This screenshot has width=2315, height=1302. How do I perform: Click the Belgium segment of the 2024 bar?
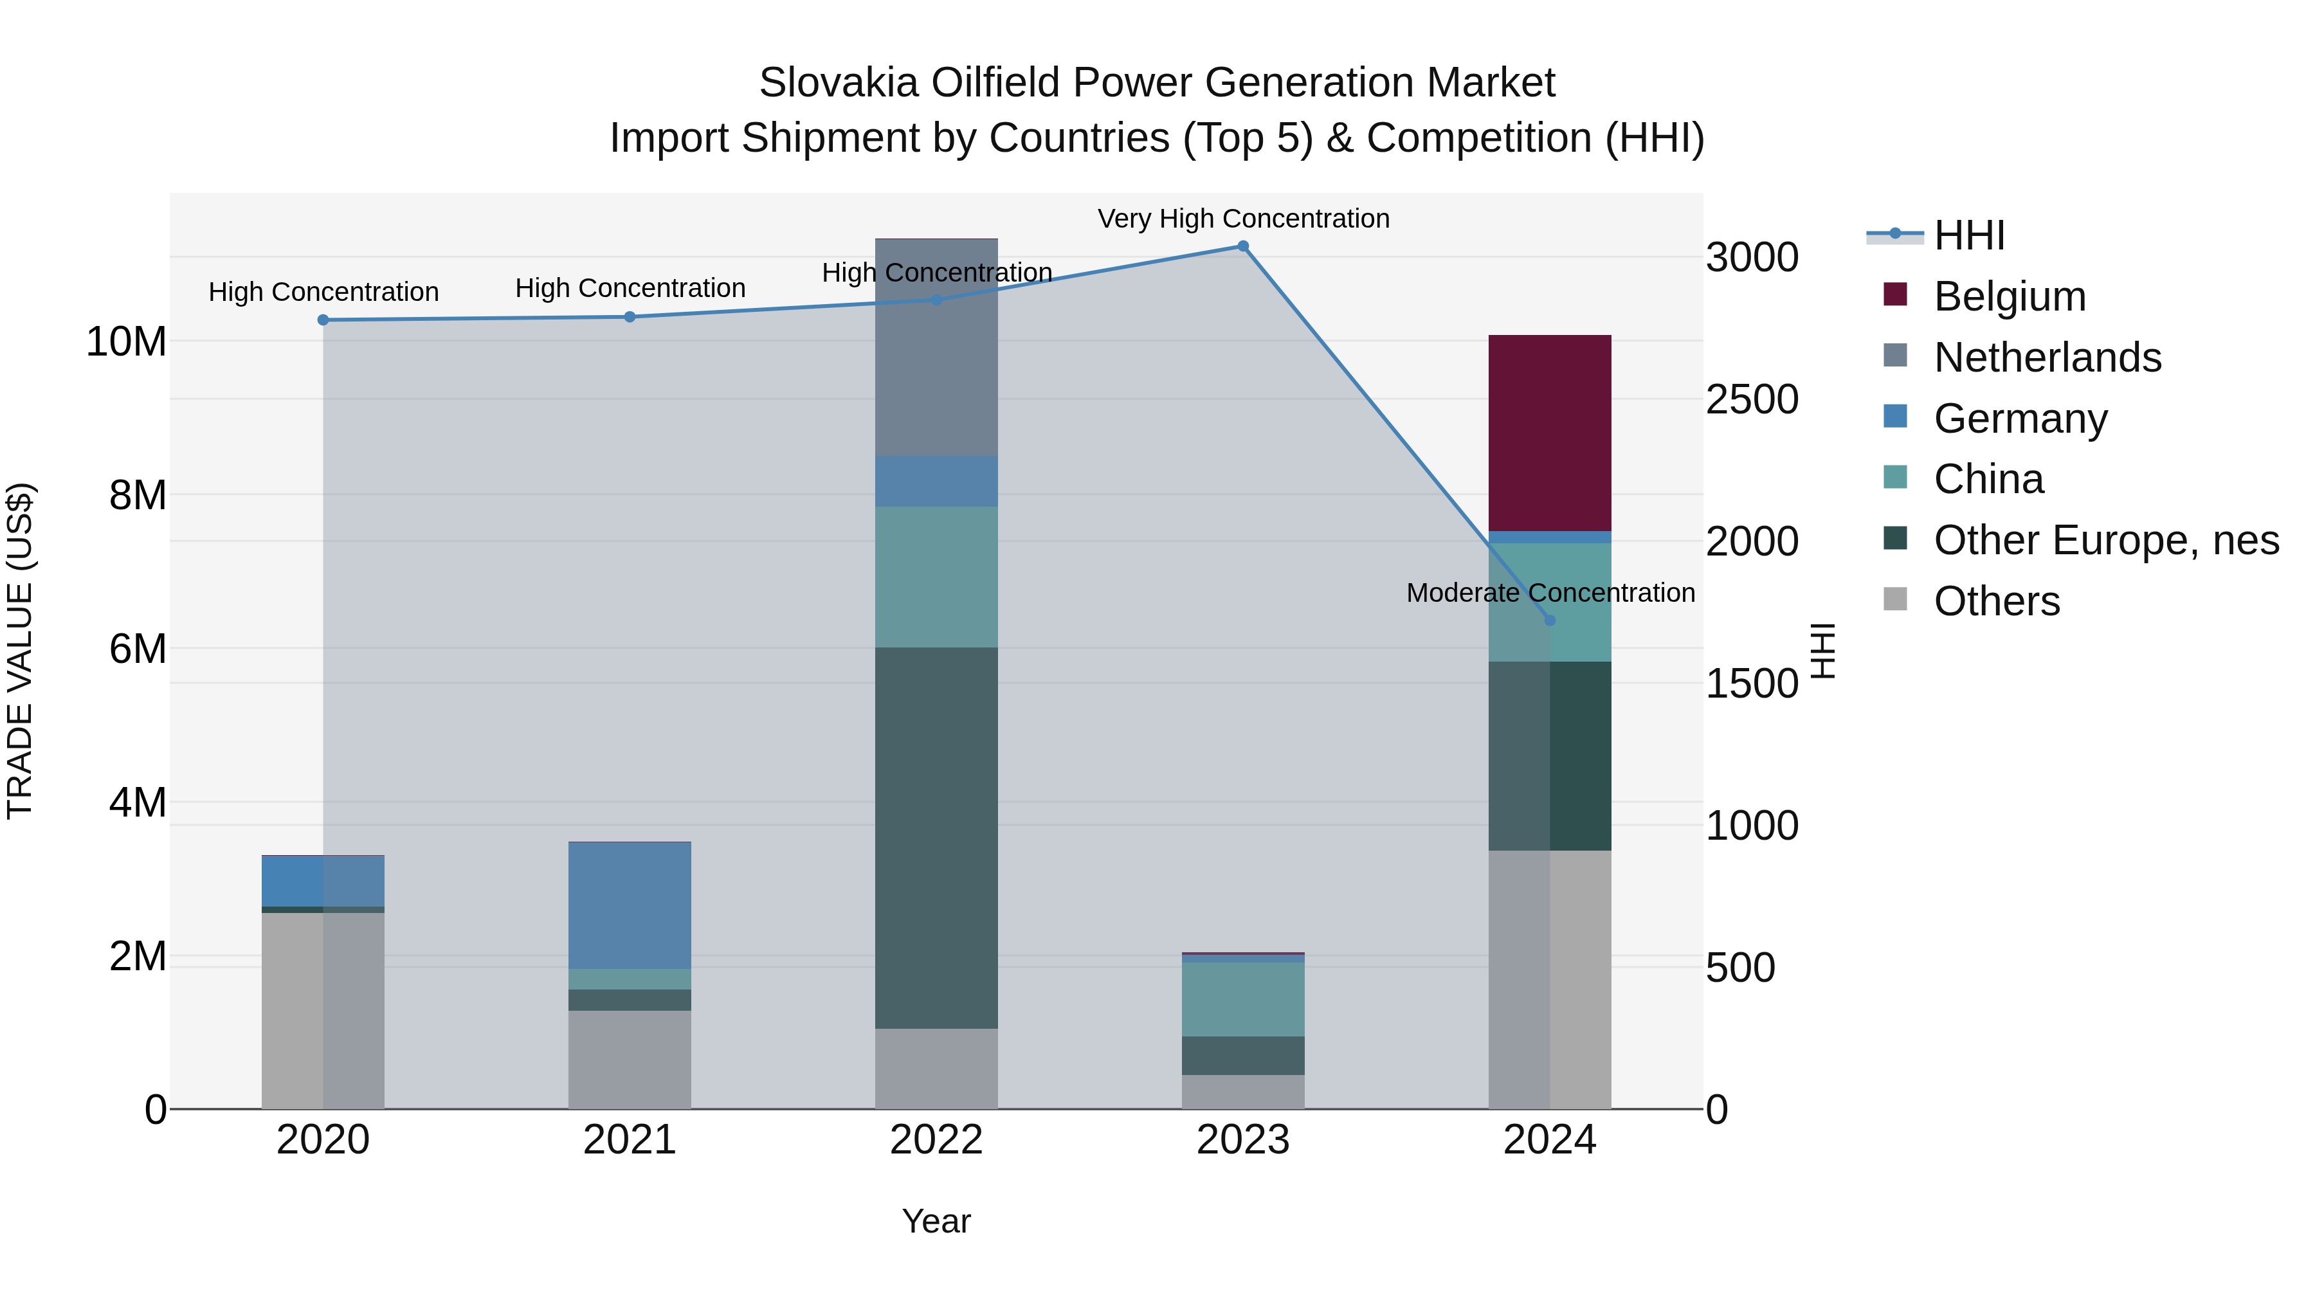click(1549, 433)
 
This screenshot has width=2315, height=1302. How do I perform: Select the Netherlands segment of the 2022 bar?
click(936, 348)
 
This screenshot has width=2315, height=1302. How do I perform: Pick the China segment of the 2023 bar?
click(1243, 999)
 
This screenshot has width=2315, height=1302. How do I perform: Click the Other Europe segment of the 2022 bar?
click(936, 837)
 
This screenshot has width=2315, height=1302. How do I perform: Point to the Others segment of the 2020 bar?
click(323, 1010)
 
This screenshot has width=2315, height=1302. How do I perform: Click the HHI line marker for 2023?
click(1243, 246)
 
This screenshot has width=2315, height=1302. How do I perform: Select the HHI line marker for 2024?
click(1549, 620)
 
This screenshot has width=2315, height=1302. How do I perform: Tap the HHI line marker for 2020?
click(323, 320)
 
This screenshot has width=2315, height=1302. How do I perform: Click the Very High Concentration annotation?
click(1243, 219)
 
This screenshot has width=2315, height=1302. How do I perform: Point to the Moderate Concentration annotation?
click(1550, 593)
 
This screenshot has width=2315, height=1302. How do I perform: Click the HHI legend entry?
click(1968, 235)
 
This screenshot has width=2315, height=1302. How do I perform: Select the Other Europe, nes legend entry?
click(2105, 540)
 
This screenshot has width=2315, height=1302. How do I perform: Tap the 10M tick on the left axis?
click(126, 341)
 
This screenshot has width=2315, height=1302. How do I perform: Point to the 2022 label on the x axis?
click(936, 1140)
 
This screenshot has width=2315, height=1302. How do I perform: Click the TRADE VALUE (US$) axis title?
click(20, 651)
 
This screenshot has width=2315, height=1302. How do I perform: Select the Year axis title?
click(936, 1221)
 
